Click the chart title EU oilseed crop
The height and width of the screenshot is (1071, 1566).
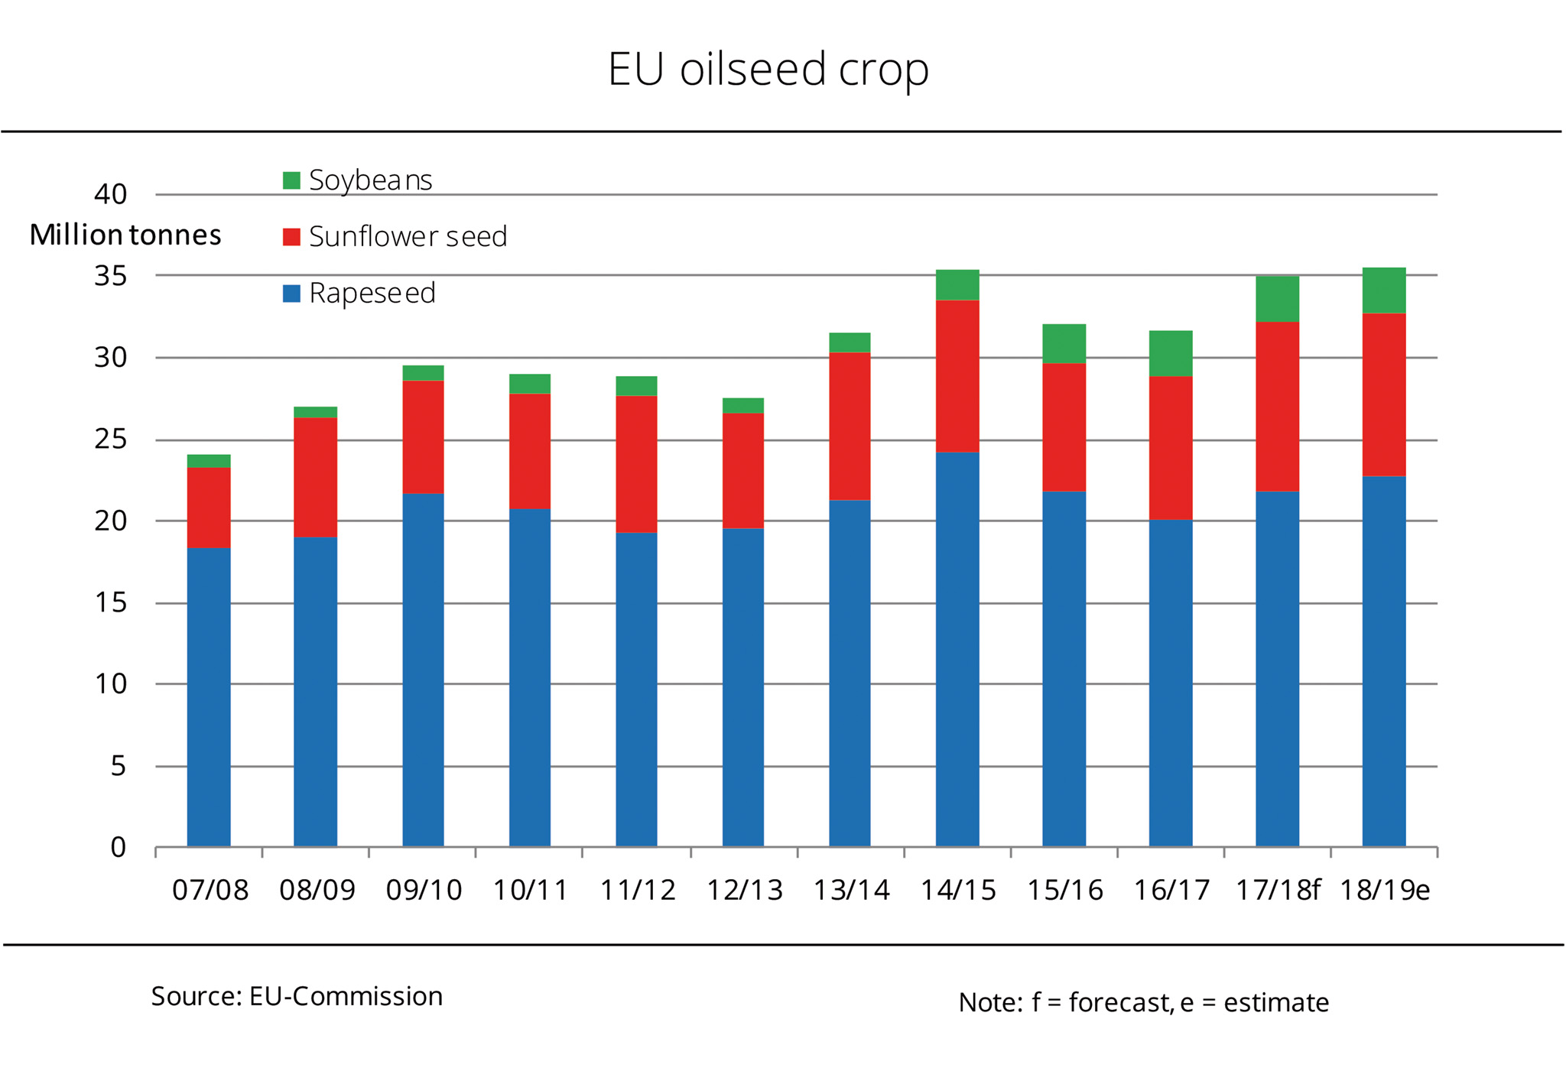pos(768,69)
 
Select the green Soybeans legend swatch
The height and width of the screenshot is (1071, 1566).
pos(291,180)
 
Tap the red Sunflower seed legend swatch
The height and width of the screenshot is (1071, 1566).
pos(291,237)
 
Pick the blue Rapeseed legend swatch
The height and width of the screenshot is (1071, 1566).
pos(291,294)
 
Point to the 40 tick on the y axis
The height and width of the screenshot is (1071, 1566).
pos(111,194)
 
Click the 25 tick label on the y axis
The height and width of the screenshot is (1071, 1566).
pos(111,440)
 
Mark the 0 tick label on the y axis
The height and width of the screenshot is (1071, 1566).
pos(118,847)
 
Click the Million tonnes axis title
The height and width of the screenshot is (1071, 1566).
pos(125,235)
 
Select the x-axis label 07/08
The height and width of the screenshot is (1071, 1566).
pos(210,891)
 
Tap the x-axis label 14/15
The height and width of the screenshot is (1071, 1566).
pos(957,891)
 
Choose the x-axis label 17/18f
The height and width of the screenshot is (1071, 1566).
pos(1278,891)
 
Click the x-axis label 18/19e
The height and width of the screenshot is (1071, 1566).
pos(1385,891)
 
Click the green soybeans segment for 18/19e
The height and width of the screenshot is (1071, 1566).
pos(1384,290)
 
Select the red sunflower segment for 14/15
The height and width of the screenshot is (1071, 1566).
pos(957,376)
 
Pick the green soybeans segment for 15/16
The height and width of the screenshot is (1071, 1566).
pos(1064,344)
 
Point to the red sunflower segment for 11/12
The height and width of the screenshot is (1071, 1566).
pos(636,464)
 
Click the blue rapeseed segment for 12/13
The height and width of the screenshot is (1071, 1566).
pos(742,687)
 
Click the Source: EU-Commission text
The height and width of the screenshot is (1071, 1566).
pos(297,997)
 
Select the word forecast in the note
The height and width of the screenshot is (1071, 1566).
pos(1119,1002)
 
